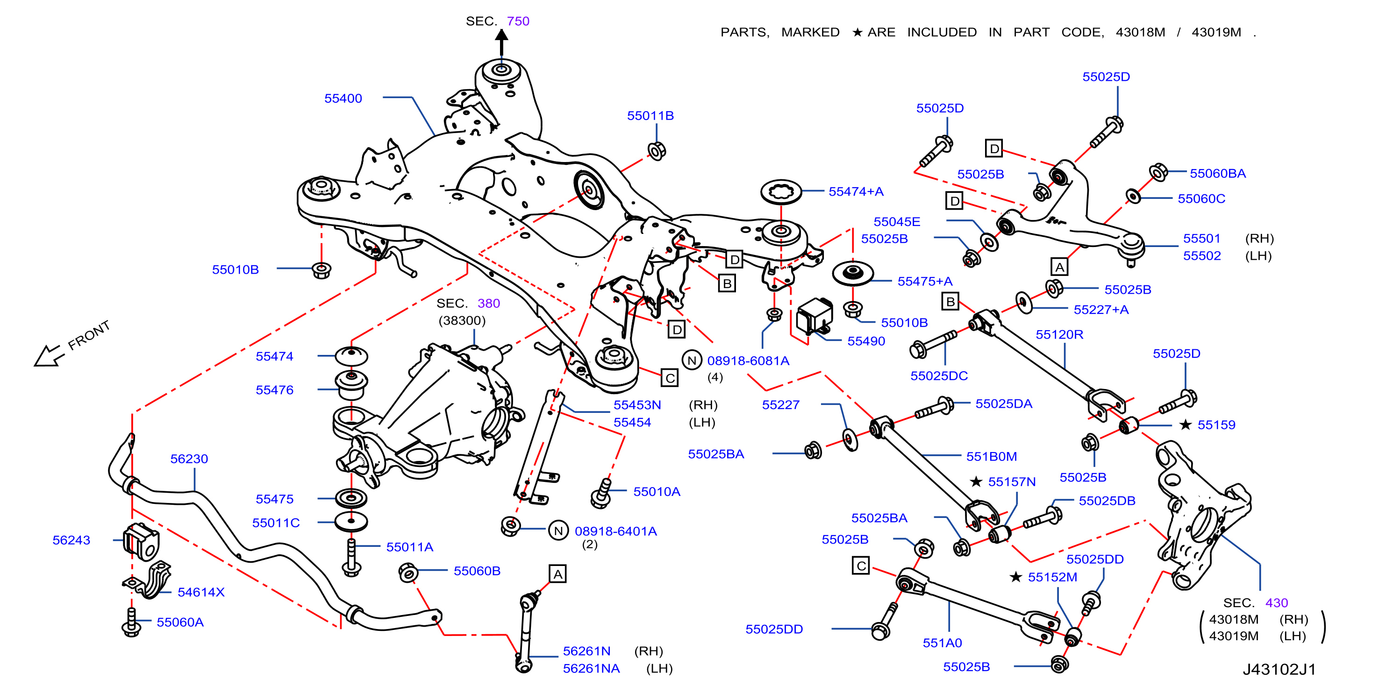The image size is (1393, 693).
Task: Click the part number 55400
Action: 343,99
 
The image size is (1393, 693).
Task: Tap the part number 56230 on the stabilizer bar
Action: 189,459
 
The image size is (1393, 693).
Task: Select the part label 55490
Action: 866,341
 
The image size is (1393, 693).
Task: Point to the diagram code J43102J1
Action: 1279,669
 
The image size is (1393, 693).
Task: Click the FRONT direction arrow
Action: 49,356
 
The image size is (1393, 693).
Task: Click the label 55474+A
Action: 856,191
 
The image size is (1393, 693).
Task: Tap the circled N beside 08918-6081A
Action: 692,360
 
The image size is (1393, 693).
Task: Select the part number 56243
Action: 71,540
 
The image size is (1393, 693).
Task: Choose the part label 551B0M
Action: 991,456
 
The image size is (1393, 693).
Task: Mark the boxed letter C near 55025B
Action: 861,566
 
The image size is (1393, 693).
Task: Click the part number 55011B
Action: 650,116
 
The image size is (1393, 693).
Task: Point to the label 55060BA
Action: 1218,174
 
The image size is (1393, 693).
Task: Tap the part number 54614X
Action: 200,592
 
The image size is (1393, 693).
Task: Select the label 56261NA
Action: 591,668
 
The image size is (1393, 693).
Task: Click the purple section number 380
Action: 489,303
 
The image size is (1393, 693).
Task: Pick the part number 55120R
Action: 1059,335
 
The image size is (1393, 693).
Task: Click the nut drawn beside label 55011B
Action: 657,151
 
